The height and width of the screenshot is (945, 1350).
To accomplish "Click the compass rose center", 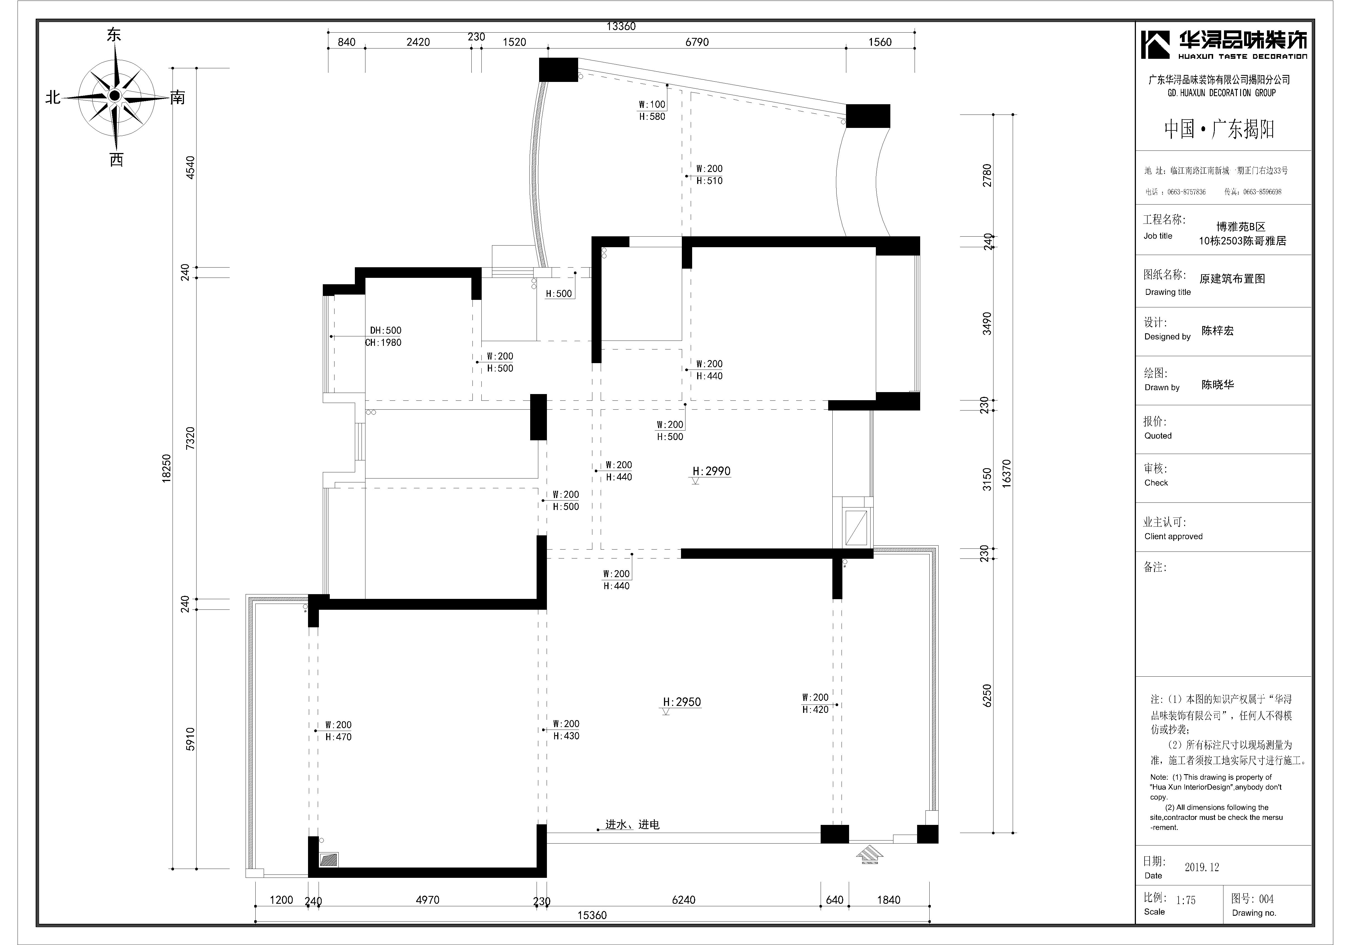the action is click(115, 95).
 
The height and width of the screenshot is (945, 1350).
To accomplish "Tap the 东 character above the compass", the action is click(114, 35).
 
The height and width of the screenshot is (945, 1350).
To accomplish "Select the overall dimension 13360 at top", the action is click(621, 26).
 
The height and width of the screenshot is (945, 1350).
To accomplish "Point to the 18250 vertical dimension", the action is click(167, 468).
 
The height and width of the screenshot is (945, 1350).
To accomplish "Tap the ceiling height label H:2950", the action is click(682, 702).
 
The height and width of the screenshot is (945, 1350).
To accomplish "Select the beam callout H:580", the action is click(652, 116).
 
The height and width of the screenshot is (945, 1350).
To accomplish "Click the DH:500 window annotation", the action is click(386, 330).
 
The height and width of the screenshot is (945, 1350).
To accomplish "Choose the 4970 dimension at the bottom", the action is click(427, 900).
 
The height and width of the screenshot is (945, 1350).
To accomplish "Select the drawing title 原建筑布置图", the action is click(1232, 279).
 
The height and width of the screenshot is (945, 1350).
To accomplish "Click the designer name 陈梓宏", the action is click(1218, 331).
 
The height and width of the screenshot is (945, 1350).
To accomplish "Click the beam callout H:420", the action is click(816, 709).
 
